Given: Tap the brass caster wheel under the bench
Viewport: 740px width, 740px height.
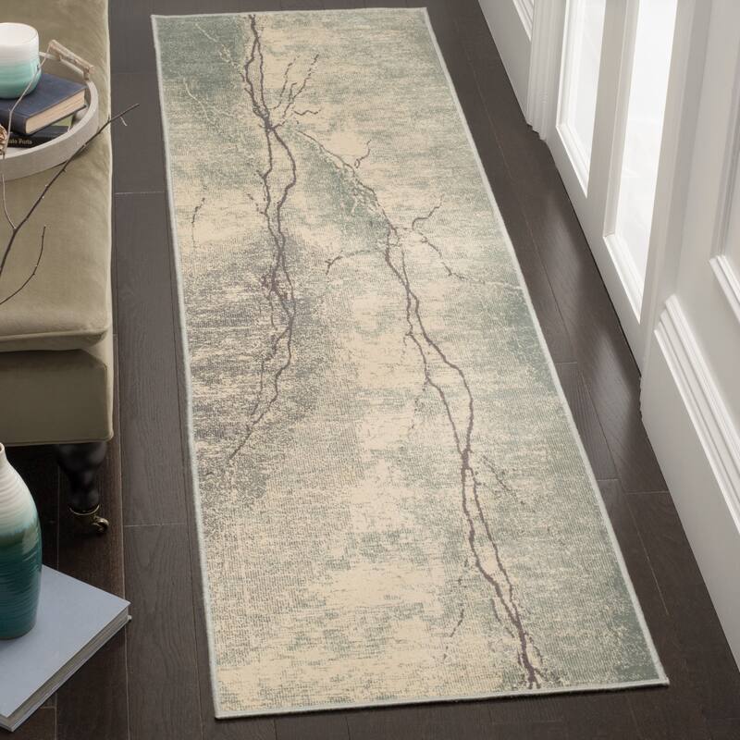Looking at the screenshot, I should [96, 524].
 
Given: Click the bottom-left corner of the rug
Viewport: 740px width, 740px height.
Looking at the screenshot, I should [216, 715].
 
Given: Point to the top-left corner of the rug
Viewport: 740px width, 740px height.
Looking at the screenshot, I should [154, 16].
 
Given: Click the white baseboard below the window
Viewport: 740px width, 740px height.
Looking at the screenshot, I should [694, 416].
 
